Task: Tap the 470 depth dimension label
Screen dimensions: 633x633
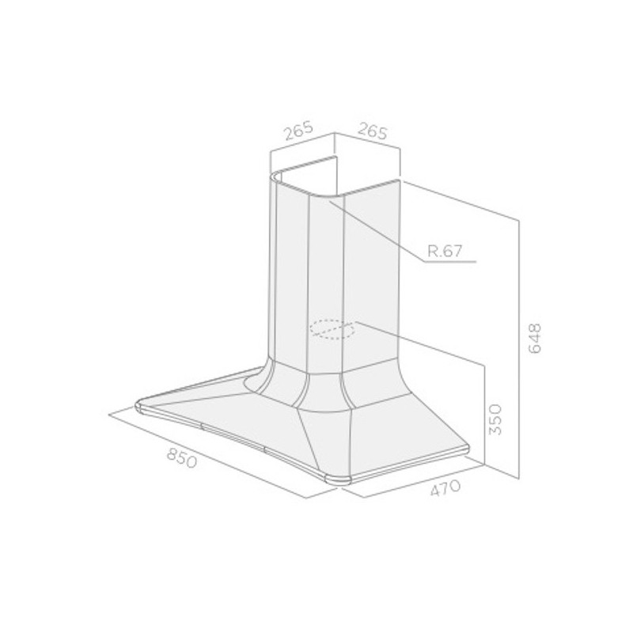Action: pyautogui.click(x=445, y=488)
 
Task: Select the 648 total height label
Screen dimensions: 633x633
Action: pyautogui.click(x=535, y=339)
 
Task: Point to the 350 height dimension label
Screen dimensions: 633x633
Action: pyautogui.click(x=495, y=419)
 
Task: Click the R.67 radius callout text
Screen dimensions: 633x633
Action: pyautogui.click(x=445, y=251)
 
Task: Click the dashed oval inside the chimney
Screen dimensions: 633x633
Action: pyautogui.click(x=332, y=328)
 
